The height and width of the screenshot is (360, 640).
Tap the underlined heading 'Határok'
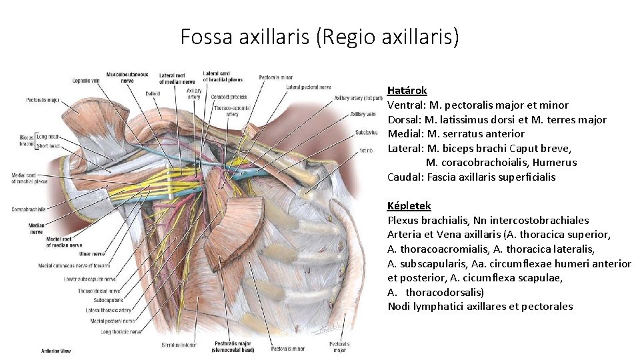click(407, 90)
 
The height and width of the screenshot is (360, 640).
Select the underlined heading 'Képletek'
click(409, 206)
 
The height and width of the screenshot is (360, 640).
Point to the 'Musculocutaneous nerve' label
click(127, 77)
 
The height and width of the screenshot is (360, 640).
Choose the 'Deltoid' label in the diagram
click(153, 94)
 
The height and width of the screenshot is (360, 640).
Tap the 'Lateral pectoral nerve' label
click(308, 87)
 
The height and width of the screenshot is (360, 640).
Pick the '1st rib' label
click(365, 151)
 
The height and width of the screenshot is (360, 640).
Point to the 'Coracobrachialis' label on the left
click(28, 209)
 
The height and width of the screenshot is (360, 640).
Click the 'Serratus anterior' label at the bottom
click(178, 345)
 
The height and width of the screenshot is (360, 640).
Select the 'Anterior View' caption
click(57, 351)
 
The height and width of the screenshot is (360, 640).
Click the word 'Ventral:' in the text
click(406, 105)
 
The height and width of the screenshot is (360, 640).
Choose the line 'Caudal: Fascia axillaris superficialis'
click(471, 177)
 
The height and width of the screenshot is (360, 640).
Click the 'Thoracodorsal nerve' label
click(98, 291)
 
